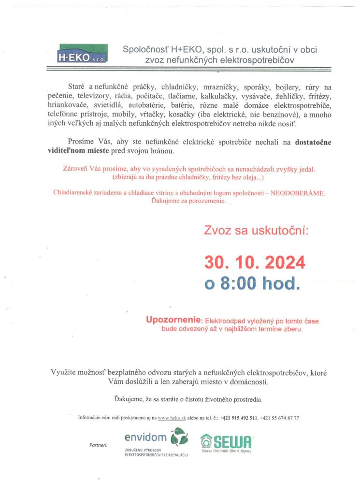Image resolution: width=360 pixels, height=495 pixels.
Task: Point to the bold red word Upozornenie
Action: click(x=173, y=320)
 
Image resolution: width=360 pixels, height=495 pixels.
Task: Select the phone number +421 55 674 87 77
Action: click(x=280, y=417)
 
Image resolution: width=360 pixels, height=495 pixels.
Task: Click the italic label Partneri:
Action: click(x=99, y=444)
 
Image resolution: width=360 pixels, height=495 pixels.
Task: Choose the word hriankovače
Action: click(x=67, y=104)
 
